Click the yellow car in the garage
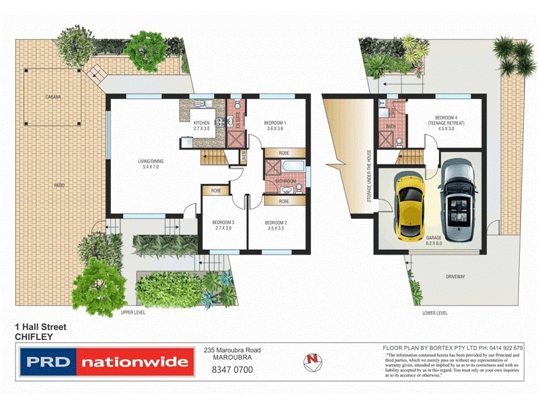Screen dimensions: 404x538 (x=409, y=206)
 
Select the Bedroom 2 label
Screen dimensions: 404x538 (x=276, y=226)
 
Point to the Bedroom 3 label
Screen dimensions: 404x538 (x=223, y=226)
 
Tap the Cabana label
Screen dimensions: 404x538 (x=53, y=98)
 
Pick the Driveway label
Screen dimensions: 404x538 (x=455, y=277)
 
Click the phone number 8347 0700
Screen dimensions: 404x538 (x=231, y=369)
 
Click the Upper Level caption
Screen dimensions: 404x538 (x=132, y=312)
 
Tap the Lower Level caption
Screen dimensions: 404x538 (x=434, y=312)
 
